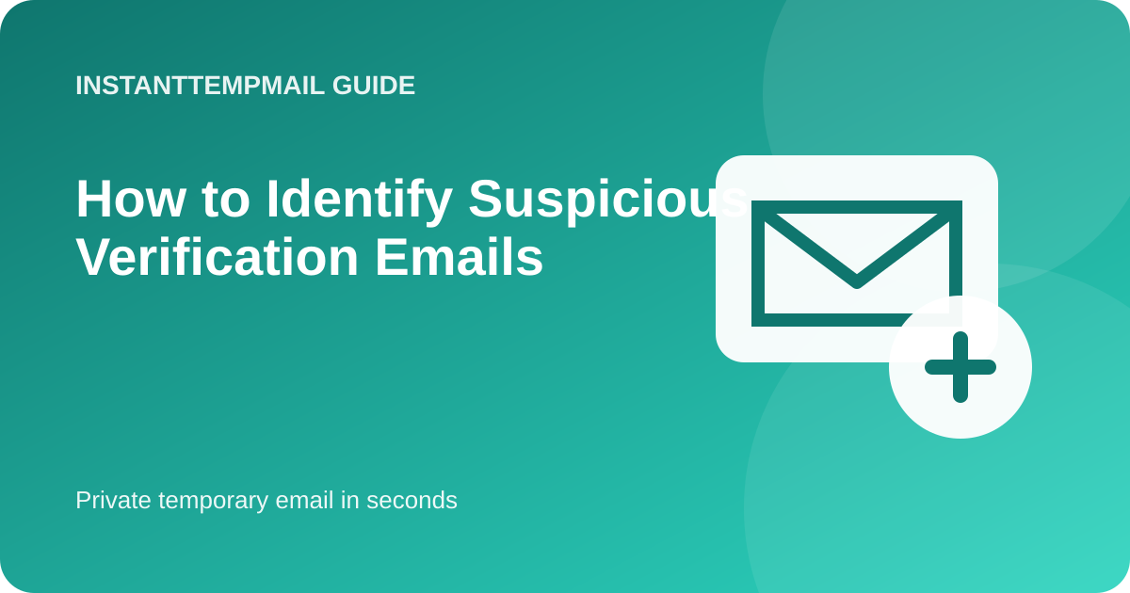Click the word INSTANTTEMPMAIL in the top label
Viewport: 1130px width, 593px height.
[200, 86]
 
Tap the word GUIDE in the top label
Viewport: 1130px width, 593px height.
[374, 86]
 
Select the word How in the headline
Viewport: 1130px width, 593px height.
[130, 200]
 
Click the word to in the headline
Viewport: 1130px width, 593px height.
[225, 200]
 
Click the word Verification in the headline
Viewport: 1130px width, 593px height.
[217, 257]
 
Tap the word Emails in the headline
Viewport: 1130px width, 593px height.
[460, 257]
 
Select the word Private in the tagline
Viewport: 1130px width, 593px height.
[113, 500]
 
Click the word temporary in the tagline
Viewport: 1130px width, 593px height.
[213, 502]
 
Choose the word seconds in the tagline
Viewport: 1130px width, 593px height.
[412, 500]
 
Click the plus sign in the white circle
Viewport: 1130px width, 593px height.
[960, 367]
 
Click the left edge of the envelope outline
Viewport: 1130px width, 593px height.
[758, 264]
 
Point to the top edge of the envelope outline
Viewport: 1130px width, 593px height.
[857, 207]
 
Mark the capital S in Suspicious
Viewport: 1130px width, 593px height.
[487, 199]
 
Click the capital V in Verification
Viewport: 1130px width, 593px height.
[96, 257]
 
